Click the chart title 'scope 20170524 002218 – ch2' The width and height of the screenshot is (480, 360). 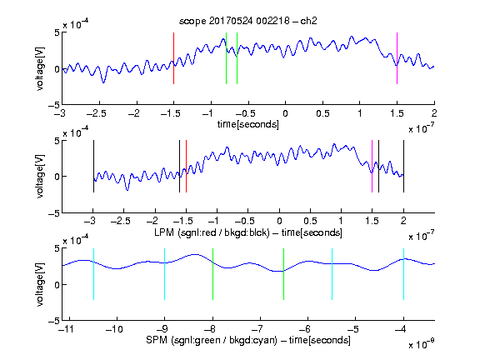click(x=248, y=21)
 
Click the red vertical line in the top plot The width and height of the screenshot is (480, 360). click(x=173, y=58)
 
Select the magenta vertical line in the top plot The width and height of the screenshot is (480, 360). click(x=397, y=58)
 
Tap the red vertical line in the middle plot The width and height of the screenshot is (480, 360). click(x=186, y=166)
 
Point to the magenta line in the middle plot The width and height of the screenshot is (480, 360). click(x=372, y=166)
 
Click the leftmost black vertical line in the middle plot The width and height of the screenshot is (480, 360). click(x=93, y=166)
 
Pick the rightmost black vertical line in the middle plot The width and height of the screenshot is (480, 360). click(x=403, y=166)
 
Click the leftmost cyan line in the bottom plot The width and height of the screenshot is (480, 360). click(x=93, y=274)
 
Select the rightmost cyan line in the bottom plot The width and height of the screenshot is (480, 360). click(x=403, y=274)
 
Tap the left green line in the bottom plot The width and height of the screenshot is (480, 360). click(x=212, y=274)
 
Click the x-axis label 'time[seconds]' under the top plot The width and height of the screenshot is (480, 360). click(x=248, y=124)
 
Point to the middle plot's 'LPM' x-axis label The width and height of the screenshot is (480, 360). click(x=164, y=232)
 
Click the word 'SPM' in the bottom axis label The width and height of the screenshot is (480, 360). click(x=157, y=340)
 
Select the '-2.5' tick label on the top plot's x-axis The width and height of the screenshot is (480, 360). click(x=96, y=113)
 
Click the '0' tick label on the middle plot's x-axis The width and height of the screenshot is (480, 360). click(x=279, y=221)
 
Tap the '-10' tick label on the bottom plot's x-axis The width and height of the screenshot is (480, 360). click(x=114, y=329)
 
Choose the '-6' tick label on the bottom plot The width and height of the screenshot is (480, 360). click(x=305, y=329)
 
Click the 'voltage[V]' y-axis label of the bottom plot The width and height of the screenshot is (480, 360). click(x=40, y=284)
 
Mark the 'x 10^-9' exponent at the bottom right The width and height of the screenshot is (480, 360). click(x=421, y=344)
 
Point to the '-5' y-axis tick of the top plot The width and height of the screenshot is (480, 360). click(x=54, y=105)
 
